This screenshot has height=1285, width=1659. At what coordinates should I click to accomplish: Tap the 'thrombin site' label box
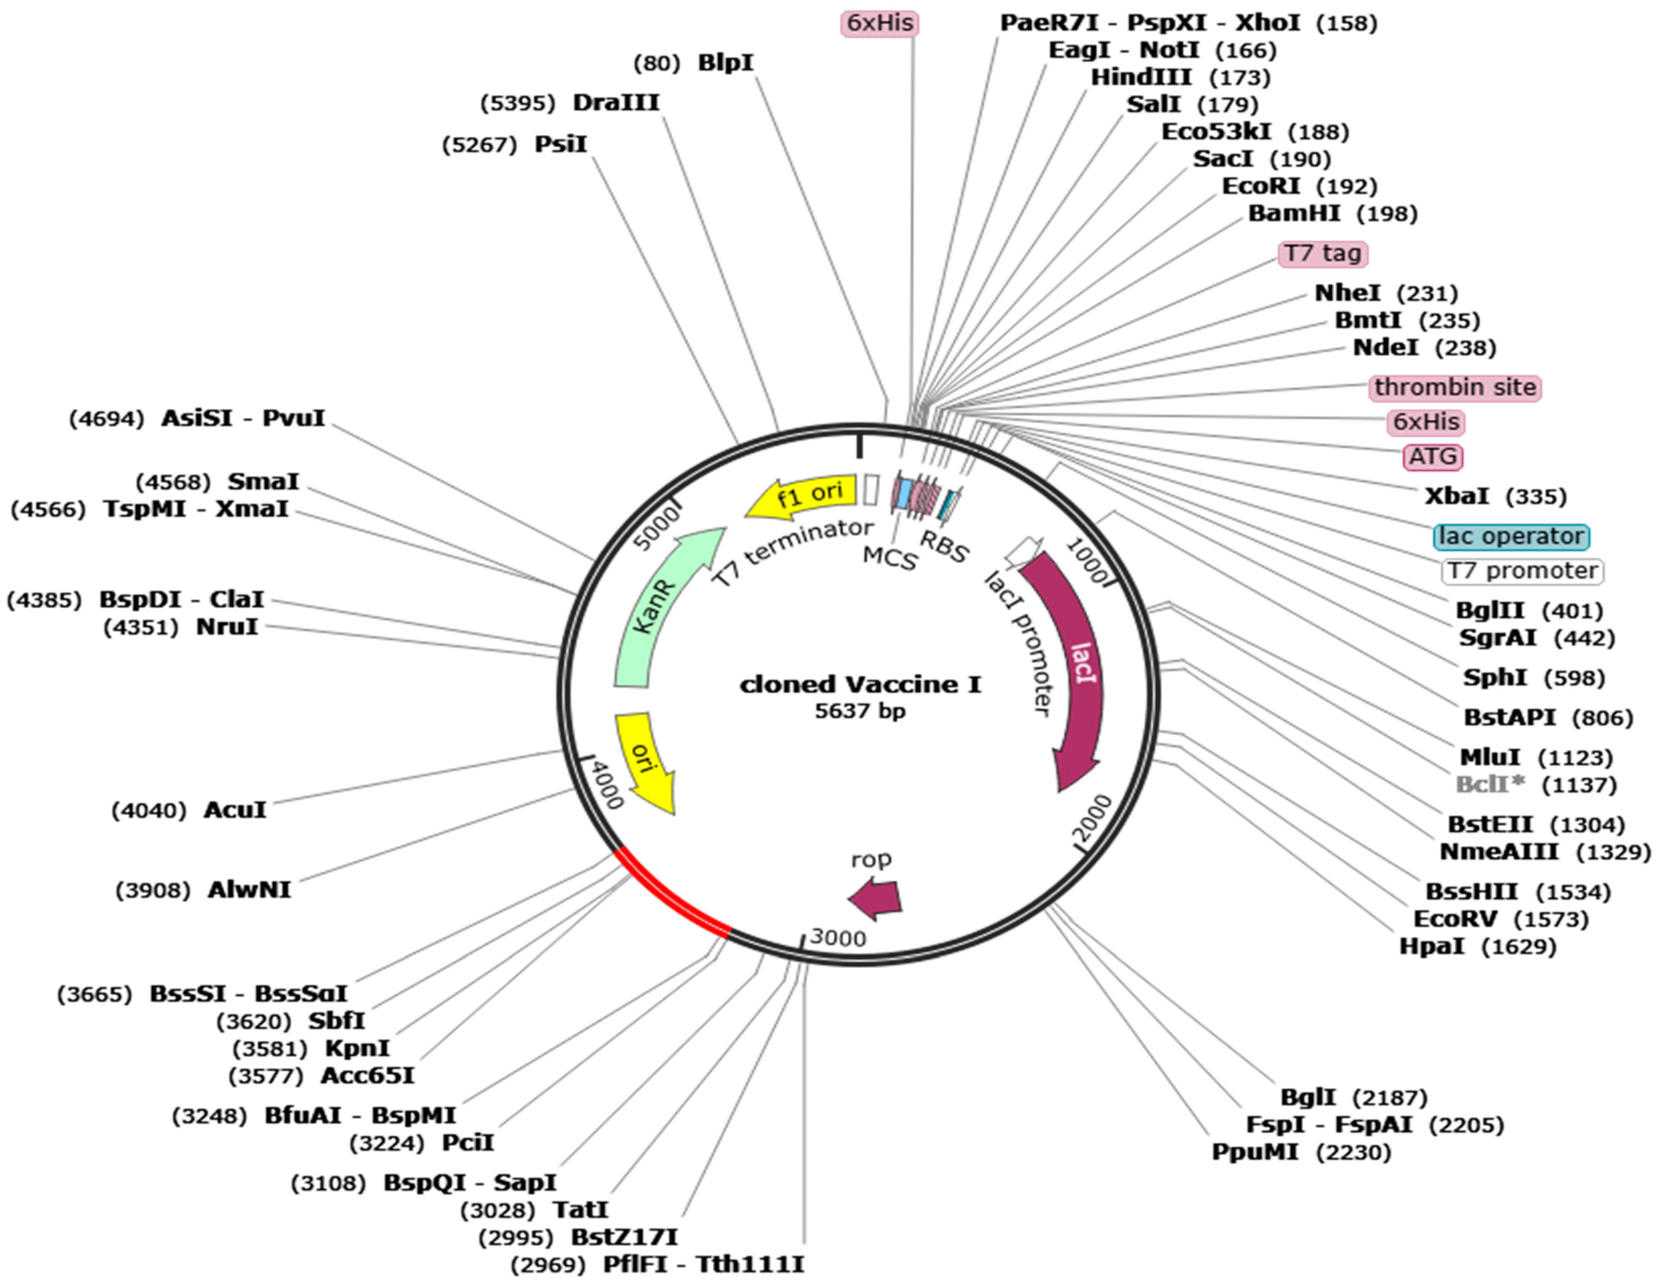pos(1455,387)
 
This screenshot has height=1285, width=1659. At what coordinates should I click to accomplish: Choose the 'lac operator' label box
pos(1511,536)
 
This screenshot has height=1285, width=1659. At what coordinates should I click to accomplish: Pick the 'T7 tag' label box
pos(1322,254)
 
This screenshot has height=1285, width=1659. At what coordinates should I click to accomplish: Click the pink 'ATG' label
pos(1432,457)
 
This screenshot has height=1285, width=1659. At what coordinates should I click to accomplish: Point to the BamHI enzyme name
pos(1294,214)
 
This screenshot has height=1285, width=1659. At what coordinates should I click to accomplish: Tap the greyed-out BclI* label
pos(1489,784)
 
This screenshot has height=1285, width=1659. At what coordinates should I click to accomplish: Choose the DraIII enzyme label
pos(616,103)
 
